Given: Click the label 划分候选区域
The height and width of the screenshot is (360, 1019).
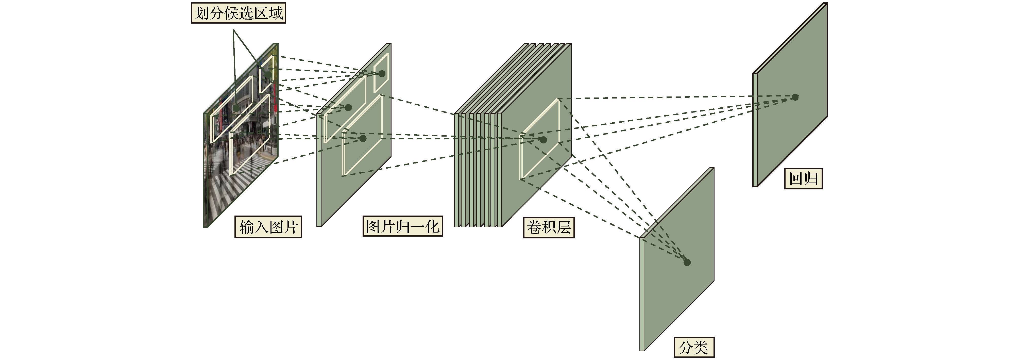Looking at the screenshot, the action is click(x=239, y=13).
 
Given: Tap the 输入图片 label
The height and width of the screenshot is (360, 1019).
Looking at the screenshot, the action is click(x=268, y=227).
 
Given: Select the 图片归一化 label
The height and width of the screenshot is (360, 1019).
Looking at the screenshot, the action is click(x=403, y=226).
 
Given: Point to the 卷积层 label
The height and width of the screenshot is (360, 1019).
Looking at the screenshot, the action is click(x=549, y=227).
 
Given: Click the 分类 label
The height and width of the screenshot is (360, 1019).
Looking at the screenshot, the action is click(x=694, y=347).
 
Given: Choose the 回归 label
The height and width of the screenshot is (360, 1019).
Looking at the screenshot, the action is click(x=803, y=178).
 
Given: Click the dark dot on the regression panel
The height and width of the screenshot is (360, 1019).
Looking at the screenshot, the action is click(x=795, y=97).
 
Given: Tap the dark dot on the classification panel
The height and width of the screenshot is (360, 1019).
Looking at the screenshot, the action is click(x=687, y=262).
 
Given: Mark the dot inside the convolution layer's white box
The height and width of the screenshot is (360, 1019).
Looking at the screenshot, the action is click(x=543, y=140).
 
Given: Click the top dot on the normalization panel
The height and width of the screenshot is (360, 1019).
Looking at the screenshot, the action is click(x=382, y=74).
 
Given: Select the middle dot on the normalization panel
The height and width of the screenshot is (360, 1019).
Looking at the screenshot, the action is click(x=348, y=108).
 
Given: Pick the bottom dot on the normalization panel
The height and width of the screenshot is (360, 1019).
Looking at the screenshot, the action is click(x=363, y=138).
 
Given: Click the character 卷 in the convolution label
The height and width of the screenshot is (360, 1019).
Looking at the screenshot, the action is click(x=534, y=227).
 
